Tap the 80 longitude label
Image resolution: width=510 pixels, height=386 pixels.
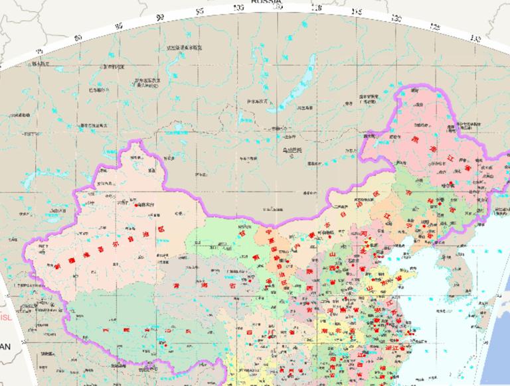point(78,37)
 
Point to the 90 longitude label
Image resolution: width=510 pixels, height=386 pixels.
point(159,17)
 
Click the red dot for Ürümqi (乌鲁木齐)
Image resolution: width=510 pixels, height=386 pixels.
point(137,205)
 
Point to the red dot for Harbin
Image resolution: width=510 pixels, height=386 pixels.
point(452,183)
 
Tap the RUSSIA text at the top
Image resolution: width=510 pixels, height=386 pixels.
point(266,2)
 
